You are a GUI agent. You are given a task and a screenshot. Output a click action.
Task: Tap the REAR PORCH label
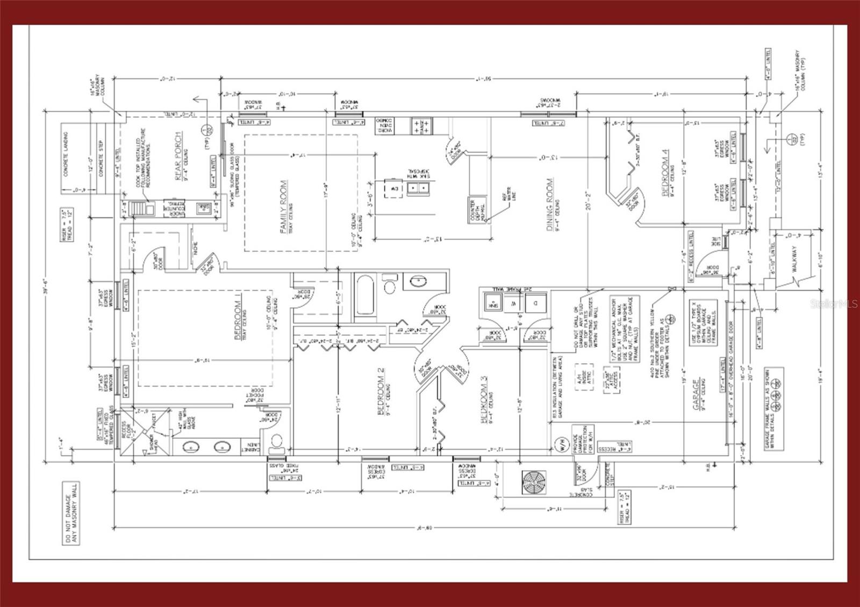178,156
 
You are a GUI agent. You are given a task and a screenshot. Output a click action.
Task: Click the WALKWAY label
794,258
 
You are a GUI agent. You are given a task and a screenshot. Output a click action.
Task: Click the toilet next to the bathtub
389,285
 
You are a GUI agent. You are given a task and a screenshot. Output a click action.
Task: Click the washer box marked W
513,303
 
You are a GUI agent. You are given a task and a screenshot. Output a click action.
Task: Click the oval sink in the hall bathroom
417,281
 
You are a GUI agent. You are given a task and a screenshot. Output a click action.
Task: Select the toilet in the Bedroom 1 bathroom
277,442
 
